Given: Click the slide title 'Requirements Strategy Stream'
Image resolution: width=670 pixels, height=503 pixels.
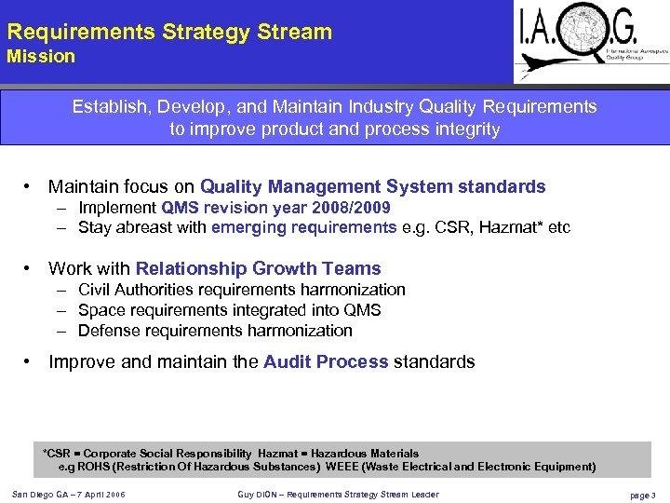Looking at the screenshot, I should tap(169, 32).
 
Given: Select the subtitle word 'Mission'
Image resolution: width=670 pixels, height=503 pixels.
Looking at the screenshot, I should tap(41, 57).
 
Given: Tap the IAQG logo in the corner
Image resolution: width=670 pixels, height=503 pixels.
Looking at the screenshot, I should tap(590, 41).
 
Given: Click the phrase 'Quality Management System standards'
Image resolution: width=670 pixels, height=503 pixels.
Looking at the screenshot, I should tap(372, 187).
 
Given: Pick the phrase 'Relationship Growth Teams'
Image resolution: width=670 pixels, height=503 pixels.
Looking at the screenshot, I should tap(258, 269).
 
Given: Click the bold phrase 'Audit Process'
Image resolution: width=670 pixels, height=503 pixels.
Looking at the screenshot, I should tap(326, 361).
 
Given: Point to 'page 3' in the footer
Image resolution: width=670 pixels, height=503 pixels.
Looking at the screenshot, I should tap(642, 496).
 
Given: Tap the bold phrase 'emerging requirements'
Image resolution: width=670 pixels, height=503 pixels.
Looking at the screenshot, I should tap(303, 227).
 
